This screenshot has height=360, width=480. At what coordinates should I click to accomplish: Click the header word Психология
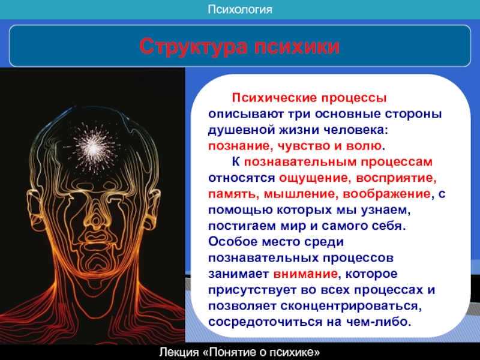coord(239,10)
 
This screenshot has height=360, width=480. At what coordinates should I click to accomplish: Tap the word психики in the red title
coord(296,47)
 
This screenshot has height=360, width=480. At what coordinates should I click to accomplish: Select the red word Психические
coord(274,98)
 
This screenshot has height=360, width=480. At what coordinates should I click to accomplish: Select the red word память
coord(232,194)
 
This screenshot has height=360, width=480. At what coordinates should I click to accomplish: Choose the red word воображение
coord(386,194)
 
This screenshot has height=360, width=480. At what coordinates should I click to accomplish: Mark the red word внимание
coord(305,274)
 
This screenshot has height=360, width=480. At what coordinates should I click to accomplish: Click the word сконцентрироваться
coord(350,306)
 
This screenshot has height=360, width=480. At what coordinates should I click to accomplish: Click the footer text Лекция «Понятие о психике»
coord(239,352)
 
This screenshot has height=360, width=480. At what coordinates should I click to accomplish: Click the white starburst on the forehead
coord(93,148)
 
